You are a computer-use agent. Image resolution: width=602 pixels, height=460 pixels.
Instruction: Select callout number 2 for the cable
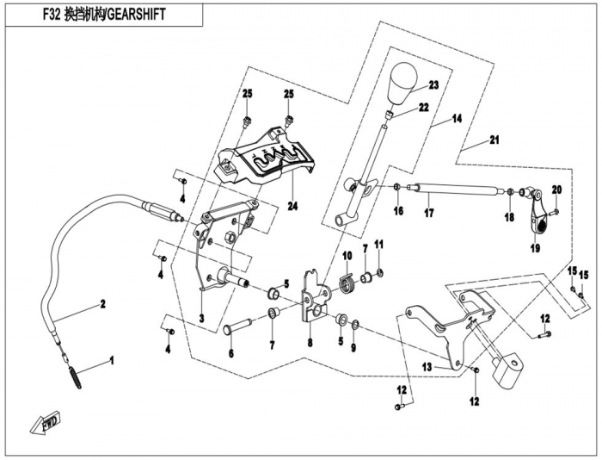[x=101, y=303]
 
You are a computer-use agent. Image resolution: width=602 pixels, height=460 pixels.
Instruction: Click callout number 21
[x=494, y=140]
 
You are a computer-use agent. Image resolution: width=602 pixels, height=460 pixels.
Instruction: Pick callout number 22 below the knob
[x=423, y=108]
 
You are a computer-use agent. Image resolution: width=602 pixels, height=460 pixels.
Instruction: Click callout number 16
[x=398, y=210]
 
